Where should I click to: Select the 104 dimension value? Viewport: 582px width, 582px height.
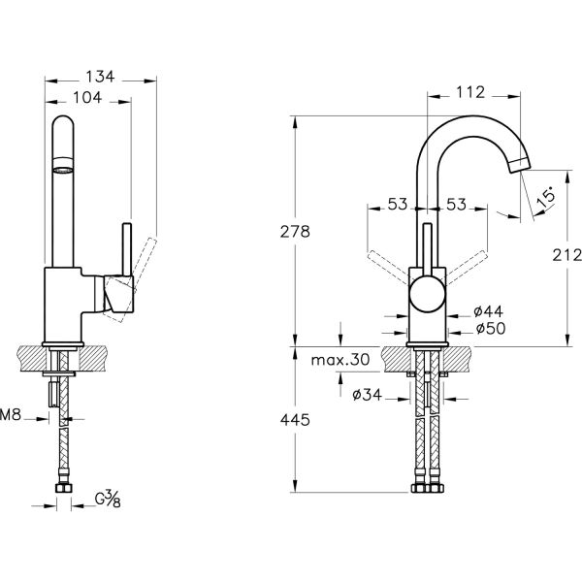(88, 97)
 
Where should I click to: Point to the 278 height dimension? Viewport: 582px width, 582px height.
(295, 232)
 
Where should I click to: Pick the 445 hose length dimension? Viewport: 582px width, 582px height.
(295, 420)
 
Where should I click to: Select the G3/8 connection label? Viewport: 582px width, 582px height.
(107, 502)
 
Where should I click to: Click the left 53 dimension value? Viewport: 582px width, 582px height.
(397, 205)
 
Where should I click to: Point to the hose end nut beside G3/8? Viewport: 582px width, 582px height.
(64, 501)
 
